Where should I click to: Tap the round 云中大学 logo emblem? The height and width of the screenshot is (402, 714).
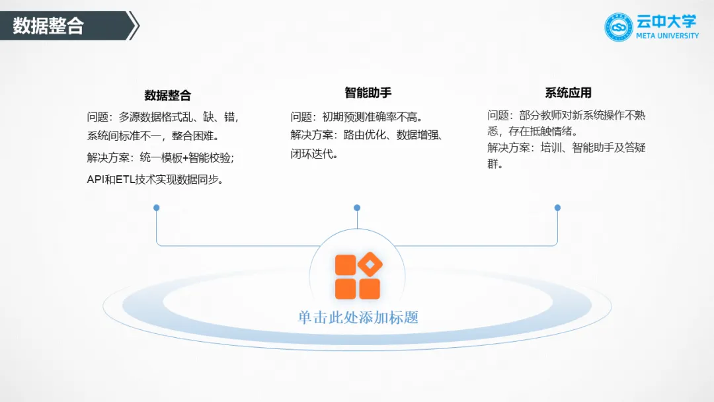(x=619, y=27)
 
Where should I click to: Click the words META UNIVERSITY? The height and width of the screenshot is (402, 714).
(x=666, y=36)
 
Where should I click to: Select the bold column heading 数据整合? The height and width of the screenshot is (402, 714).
(x=168, y=95)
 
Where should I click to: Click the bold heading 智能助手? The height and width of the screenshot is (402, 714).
(x=368, y=93)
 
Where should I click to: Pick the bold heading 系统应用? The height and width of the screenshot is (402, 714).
(x=568, y=93)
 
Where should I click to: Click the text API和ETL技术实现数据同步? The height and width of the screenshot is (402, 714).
(x=155, y=179)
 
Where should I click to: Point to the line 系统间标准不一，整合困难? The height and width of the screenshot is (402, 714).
(x=153, y=136)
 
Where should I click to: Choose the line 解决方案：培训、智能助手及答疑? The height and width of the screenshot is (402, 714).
(x=566, y=147)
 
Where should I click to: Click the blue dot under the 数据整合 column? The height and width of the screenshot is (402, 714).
(x=157, y=208)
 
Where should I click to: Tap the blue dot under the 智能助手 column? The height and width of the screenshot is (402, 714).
(x=357, y=208)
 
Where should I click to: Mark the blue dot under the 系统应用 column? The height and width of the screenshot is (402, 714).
(x=557, y=208)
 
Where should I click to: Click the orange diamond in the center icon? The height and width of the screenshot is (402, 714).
(x=370, y=264)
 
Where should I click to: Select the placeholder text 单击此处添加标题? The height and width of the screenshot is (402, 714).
(x=358, y=317)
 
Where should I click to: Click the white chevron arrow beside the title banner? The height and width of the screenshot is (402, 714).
(x=134, y=26)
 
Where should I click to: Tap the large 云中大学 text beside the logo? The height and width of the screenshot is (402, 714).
(x=666, y=21)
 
